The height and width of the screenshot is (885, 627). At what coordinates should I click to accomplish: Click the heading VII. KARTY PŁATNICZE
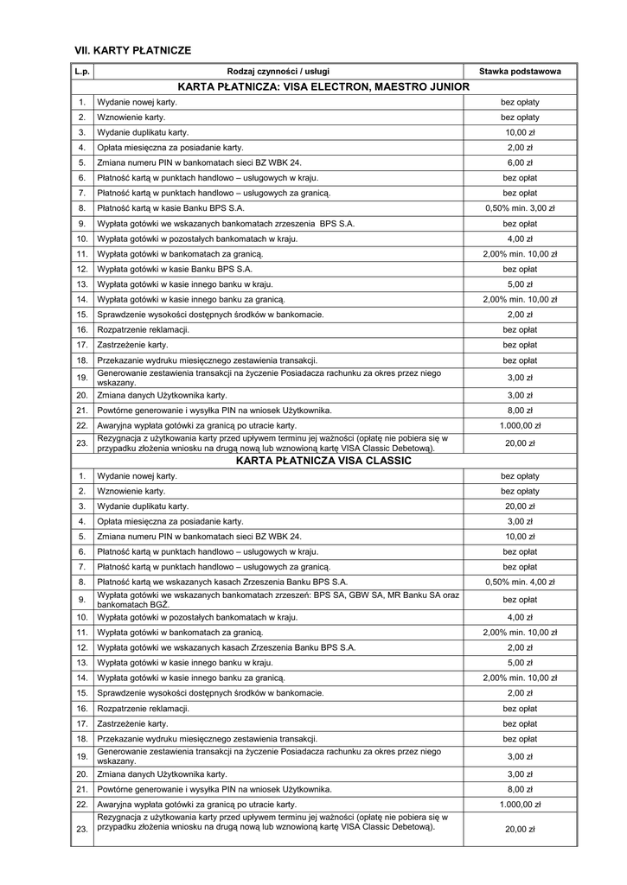click(133, 51)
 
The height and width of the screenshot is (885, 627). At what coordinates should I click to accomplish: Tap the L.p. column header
click(82, 72)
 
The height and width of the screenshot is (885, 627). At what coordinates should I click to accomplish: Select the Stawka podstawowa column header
click(520, 72)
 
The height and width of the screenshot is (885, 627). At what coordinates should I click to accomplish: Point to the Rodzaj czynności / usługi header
click(278, 72)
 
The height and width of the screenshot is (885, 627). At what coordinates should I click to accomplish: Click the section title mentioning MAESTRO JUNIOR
click(323, 86)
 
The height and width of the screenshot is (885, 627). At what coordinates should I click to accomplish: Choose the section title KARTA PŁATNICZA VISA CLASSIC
click(323, 461)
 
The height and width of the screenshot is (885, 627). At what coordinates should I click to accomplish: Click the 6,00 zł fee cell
click(520, 162)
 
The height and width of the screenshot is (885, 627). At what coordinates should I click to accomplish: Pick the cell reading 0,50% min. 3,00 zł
click(520, 208)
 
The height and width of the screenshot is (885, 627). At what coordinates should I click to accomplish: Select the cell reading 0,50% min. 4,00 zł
click(520, 582)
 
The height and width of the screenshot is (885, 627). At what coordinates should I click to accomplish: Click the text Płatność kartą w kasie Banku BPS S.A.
click(170, 208)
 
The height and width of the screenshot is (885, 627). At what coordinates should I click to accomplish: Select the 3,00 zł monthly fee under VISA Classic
click(520, 521)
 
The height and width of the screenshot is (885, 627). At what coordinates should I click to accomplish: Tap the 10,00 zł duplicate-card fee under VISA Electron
click(520, 132)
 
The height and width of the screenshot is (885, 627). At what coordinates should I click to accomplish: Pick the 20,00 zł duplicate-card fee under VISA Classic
click(520, 506)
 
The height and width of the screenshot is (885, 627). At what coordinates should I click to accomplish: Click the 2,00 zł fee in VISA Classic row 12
click(520, 647)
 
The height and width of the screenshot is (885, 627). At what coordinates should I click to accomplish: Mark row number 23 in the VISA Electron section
click(82, 443)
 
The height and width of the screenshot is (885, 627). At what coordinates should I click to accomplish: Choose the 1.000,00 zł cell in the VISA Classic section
click(520, 804)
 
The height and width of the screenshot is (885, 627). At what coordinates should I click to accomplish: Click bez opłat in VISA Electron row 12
click(520, 269)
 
